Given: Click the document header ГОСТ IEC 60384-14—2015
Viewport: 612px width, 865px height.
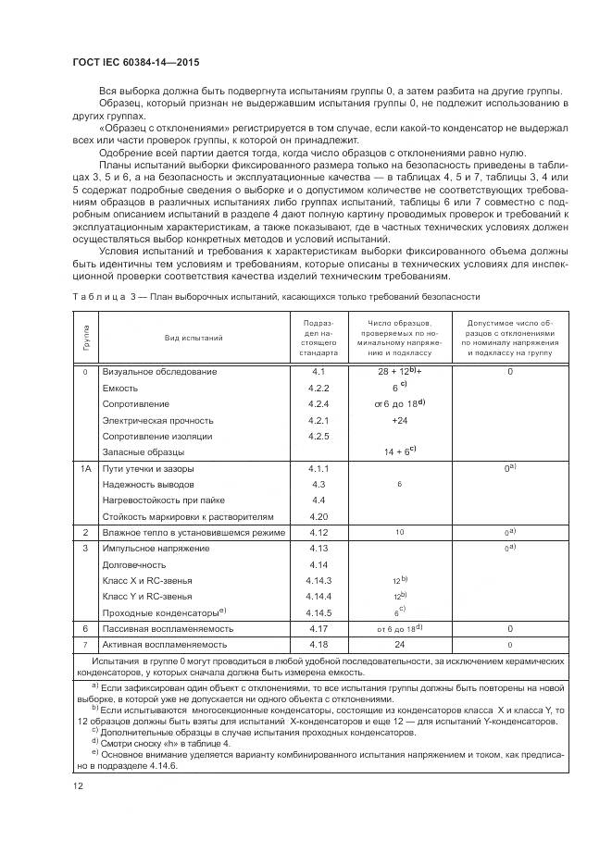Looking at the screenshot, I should pos(135,63).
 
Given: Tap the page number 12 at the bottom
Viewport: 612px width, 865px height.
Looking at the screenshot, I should pos(79,785).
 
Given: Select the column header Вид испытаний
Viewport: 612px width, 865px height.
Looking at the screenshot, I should pos(194,338).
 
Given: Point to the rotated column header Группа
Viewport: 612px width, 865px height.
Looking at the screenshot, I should pos(85,338).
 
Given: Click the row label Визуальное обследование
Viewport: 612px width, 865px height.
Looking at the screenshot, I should pos(159,371).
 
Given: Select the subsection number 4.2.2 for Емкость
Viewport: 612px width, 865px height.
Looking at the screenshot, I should pos(318,388).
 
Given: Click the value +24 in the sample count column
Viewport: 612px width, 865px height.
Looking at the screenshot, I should pos(399,420).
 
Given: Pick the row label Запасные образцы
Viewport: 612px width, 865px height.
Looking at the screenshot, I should pos(144,452).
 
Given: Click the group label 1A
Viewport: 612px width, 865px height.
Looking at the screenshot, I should pos(85,469).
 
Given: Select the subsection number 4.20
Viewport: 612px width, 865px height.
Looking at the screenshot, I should pos(318,515).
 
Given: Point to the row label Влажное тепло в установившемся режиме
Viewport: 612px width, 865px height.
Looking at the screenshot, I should pos(193,533).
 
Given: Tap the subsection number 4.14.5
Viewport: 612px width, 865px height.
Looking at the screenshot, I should pos(318,612).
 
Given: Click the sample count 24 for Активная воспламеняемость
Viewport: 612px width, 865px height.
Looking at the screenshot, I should pos(399,643).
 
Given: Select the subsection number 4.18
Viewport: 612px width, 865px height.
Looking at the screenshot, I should pos(318,643).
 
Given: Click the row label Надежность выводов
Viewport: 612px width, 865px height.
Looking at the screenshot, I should pos(148,485).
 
